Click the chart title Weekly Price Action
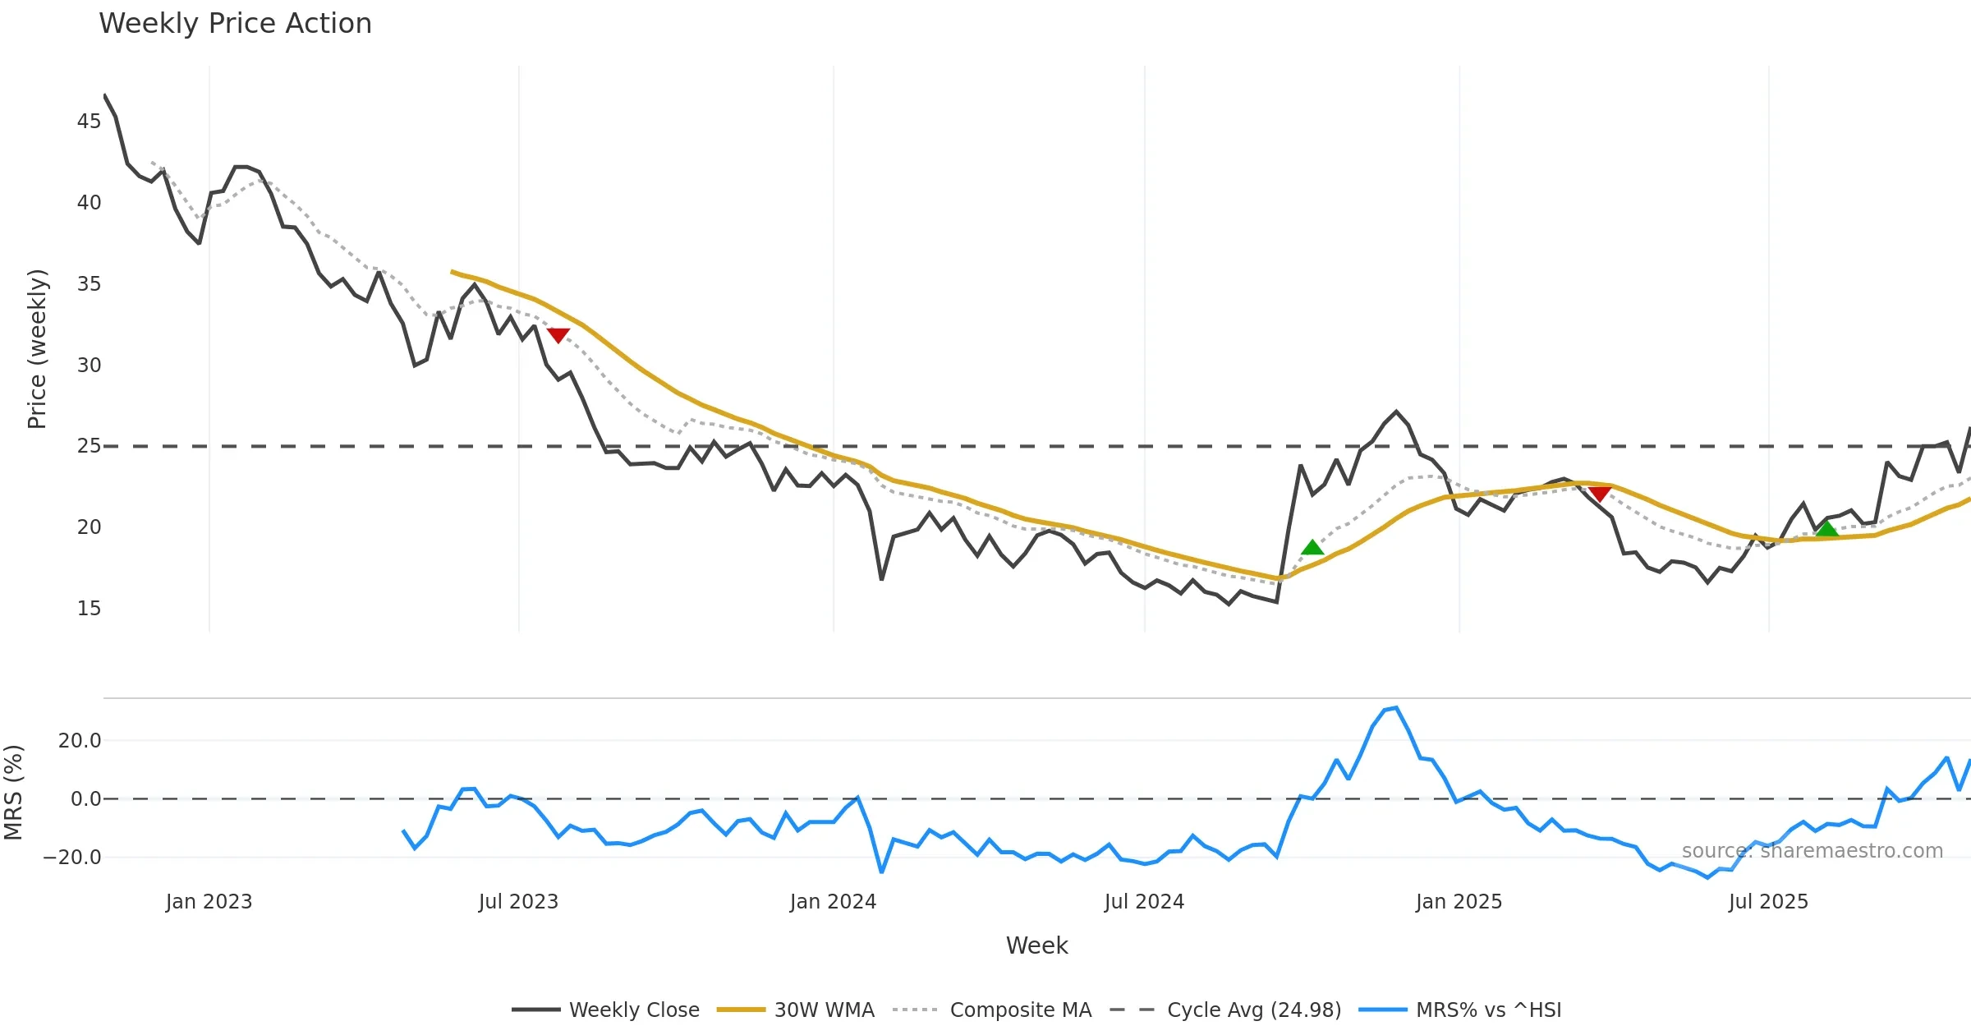(235, 24)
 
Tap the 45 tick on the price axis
(89, 122)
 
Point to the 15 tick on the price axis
(89, 609)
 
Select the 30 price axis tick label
(89, 366)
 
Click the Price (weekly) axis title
(37, 349)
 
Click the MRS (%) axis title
(13, 793)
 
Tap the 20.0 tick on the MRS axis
(80, 741)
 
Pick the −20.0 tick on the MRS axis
(72, 858)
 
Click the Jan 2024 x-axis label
(833, 902)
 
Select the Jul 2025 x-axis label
(1768, 902)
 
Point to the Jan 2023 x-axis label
(209, 902)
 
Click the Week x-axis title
(1036, 946)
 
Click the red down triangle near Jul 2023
(558, 335)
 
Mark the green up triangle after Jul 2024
(1312, 548)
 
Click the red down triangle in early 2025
(1600, 493)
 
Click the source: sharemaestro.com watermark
(1812, 851)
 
